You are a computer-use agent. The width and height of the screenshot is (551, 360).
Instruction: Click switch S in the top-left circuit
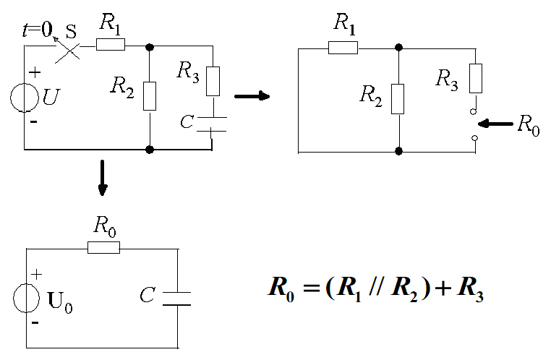[68, 48]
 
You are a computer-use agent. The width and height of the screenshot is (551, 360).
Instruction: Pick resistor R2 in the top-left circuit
[150, 95]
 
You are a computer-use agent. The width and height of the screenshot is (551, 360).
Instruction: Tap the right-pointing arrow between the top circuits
[252, 95]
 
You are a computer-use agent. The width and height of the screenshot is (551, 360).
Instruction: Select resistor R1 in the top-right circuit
[343, 48]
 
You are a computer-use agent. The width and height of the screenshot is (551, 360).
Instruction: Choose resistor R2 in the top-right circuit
[398, 98]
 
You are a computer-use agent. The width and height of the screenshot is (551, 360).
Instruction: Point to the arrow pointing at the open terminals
[497, 124]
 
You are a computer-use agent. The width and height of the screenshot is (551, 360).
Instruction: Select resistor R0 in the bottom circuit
[103, 247]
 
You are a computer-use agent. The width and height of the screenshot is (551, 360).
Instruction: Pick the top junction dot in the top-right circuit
[398, 48]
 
